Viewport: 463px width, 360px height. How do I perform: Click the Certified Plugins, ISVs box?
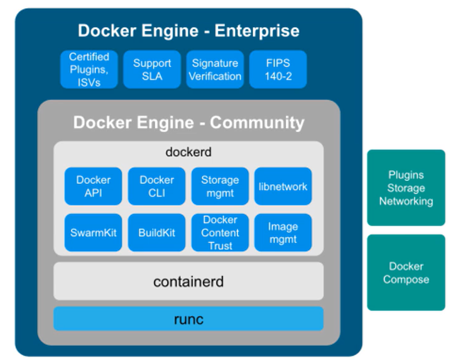(89, 69)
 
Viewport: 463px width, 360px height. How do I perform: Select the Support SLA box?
(152, 69)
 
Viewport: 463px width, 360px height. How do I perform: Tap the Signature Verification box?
(215, 69)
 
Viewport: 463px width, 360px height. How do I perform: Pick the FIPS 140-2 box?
(278, 69)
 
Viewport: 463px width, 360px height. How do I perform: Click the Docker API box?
(93, 186)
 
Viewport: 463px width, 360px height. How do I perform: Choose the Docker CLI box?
(156, 186)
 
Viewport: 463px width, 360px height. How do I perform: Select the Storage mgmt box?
(220, 186)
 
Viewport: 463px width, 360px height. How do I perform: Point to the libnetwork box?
(283, 186)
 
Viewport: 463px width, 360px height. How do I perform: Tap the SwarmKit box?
(93, 232)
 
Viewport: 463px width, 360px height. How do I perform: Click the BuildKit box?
(156, 232)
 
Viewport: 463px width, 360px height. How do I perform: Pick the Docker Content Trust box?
(220, 232)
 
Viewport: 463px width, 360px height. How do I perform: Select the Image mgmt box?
(283, 232)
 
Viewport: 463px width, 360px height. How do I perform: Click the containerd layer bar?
(188, 281)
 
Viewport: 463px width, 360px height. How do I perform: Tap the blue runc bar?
(188, 319)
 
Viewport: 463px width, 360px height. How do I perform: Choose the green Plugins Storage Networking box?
(406, 188)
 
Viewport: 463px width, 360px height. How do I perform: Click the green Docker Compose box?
(406, 273)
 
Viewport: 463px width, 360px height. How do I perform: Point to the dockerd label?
(188, 152)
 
